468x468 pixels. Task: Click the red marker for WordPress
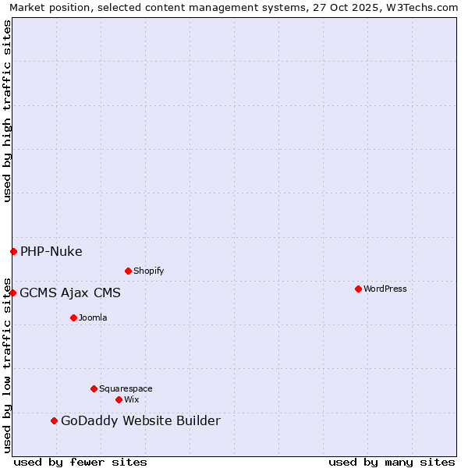[358, 289]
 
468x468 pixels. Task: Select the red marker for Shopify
[128, 271]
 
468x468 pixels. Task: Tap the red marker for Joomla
[73, 317]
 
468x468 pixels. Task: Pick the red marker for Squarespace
[94, 388]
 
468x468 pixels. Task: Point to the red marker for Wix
[119, 399]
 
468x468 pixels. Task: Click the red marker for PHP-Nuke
[13, 251]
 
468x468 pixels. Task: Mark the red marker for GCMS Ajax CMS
[12, 292]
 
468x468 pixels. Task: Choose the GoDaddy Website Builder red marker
[54, 420]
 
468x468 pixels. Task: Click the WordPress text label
[385, 289]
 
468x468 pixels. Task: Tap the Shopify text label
[148, 271]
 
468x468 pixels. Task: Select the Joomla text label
[93, 317]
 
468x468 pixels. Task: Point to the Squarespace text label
[126, 388]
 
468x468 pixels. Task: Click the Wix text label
[131, 399]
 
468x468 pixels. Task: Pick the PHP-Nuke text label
[51, 251]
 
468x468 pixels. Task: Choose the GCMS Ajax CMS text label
[70, 293]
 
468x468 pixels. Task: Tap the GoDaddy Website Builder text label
[140, 421]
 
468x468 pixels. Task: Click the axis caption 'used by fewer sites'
[80, 462]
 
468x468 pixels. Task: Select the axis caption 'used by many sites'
[392, 462]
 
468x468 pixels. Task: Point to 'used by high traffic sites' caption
[7, 111]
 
